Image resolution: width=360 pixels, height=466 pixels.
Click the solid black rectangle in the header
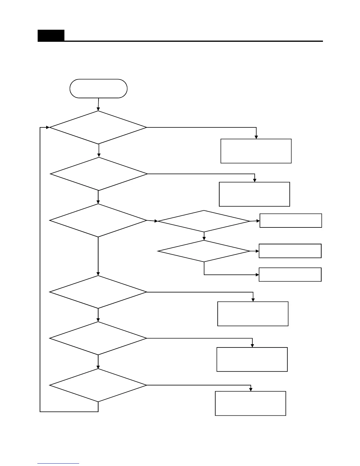[51, 36]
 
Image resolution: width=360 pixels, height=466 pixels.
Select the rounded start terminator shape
[98, 88]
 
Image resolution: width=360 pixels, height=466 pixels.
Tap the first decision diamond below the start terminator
[98, 127]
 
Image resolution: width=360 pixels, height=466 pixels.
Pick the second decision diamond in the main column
[99, 174]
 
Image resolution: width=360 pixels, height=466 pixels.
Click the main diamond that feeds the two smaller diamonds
[98, 220]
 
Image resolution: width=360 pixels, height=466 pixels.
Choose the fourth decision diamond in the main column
[98, 292]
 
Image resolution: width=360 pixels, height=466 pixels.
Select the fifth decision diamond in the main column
[98, 338]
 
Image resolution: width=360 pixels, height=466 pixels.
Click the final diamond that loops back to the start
[98, 385]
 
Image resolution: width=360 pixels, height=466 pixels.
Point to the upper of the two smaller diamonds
[204, 221]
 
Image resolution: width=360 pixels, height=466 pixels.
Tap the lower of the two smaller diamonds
[204, 251]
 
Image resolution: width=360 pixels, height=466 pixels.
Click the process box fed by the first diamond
[256, 151]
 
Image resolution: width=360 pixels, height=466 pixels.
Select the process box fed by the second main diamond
[254, 194]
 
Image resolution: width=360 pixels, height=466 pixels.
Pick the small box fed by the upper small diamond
[291, 221]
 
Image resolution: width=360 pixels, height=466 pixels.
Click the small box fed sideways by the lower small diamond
[290, 251]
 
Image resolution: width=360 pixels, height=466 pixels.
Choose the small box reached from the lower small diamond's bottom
[290, 274]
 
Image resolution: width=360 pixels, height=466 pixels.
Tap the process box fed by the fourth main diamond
[253, 314]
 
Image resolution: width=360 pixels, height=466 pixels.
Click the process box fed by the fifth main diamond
[252, 360]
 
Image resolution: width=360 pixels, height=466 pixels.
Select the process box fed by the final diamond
[251, 403]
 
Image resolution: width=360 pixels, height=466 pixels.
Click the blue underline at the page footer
[58, 464]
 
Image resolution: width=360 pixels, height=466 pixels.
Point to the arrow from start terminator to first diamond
[98, 104]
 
